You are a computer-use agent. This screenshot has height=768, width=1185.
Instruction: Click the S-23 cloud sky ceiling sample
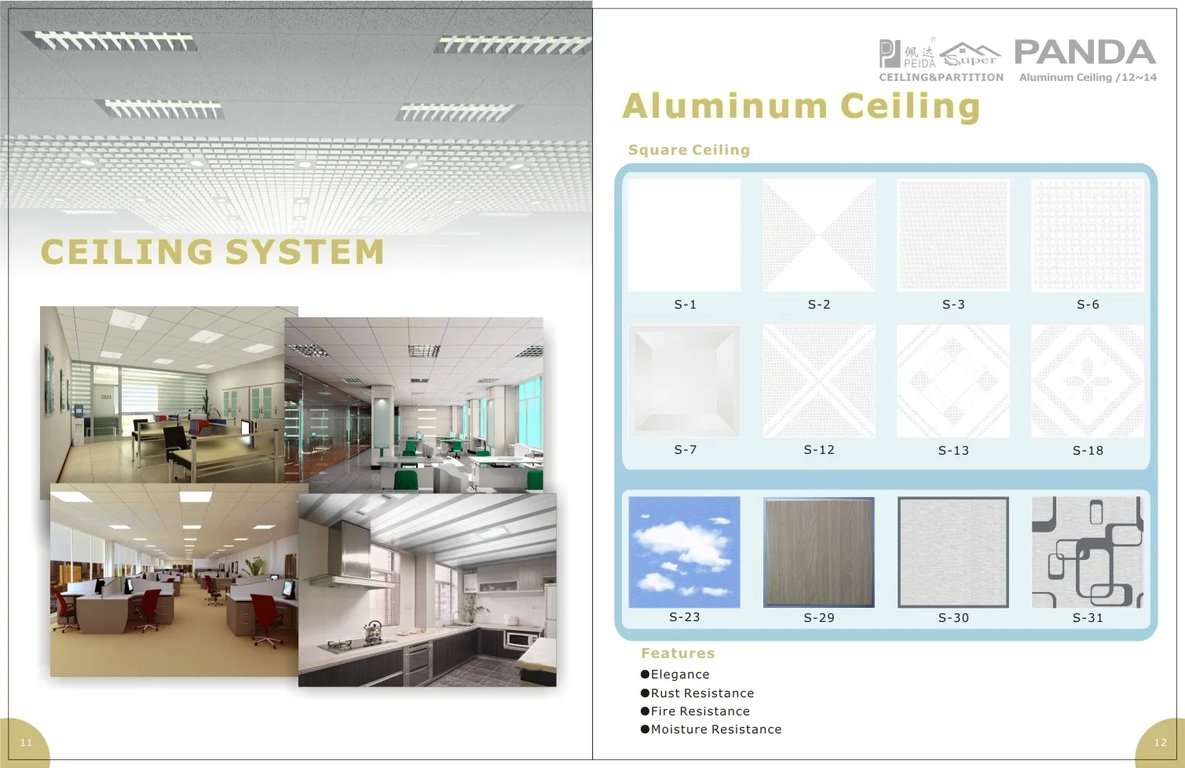click(x=684, y=552)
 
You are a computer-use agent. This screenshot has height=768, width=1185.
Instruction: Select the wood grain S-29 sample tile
click(x=818, y=552)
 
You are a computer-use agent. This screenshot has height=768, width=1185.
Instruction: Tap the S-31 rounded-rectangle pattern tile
click(x=1087, y=552)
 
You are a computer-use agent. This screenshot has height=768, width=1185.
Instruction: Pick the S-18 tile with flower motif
click(x=1087, y=381)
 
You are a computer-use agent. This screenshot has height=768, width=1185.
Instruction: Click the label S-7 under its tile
click(x=685, y=450)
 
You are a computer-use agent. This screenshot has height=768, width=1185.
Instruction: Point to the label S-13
click(x=953, y=451)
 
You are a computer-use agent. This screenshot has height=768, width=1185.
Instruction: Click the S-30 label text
click(x=953, y=618)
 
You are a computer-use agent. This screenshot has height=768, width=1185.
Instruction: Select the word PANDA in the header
click(x=1085, y=52)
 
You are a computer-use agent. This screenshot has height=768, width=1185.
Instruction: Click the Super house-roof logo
click(x=971, y=55)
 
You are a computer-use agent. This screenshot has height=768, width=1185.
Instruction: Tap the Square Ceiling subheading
click(x=689, y=150)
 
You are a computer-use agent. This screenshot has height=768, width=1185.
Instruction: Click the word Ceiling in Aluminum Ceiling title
click(x=910, y=106)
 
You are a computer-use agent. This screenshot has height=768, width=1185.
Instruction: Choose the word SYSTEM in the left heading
click(x=304, y=252)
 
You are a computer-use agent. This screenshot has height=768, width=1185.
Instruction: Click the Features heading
click(x=678, y=653)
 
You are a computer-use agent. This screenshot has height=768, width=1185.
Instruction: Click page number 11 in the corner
click(x=26, y=743)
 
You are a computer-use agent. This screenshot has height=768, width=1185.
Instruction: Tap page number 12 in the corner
click(x=1160, y=743)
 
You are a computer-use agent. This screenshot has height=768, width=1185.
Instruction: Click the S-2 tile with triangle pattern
click(x=818, y=235)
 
